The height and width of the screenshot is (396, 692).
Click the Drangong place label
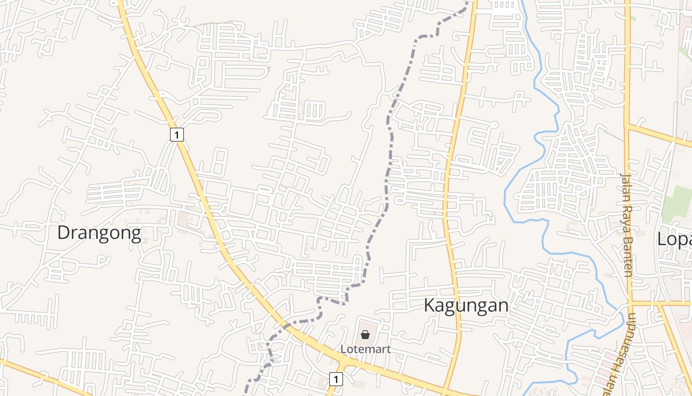(x=99, y=233)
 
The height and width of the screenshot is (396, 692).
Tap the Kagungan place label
(x=466, y=305)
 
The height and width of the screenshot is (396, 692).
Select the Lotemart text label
(x=365, y=349)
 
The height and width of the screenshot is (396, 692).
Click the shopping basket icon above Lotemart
(x=365, y=335)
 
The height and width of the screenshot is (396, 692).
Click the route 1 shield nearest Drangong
(x=177, y=134)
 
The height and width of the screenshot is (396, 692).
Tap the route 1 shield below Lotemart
(x=336, y=379)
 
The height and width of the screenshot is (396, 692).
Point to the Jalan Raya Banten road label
(x=627, y=225)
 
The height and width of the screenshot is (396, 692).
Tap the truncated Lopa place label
(x=674, y=240)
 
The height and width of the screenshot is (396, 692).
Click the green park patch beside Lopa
(x=676, y=203)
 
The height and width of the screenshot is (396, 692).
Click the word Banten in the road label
(x=627, y=257)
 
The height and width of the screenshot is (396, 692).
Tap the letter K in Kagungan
(x=430, y=305)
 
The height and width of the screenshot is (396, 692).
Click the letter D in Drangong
(x=63, y=233)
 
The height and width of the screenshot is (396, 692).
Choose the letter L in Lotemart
(x=343, y=349)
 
